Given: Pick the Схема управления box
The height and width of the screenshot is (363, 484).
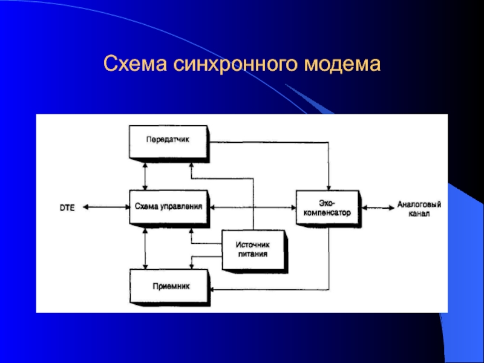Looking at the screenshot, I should pyautogui.click(x=168, y=207).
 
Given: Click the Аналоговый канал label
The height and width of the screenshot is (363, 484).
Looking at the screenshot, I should pyautogui.click(x=419, y=209).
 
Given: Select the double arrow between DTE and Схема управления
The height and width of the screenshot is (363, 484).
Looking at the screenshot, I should pyautogui.click(x=106, y=207).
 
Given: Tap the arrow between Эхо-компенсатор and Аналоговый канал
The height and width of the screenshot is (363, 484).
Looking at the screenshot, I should pyautogui.click(x=377, y=208).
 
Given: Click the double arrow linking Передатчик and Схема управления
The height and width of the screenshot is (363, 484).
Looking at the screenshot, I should pyautogui.click(x=145, y=175).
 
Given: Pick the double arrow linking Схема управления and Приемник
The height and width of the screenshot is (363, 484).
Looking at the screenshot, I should pyautogui.click(x=145, y=249).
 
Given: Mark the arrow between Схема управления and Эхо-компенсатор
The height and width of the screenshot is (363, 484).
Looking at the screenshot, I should pyautogui.click(x=251, y=207).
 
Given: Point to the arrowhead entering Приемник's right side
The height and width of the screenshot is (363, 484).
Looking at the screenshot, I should pyautogui.click(x=213, y=290).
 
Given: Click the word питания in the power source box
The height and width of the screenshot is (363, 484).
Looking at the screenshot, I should pyautogui.click(x=252, y=255).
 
